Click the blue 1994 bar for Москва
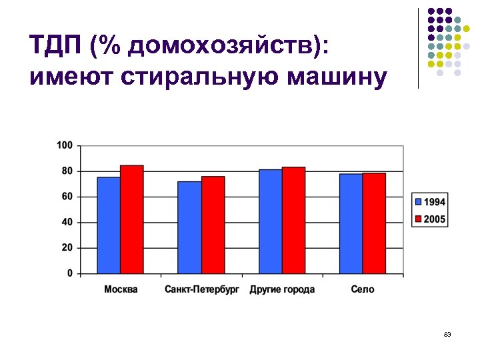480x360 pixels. point(109,225)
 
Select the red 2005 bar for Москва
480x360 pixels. point(132,219)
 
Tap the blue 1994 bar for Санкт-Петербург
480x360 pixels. point(189,227)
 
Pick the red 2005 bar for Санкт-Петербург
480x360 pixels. point(213,225)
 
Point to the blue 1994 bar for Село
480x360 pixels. point(351,223)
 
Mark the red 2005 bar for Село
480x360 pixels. point(374,223)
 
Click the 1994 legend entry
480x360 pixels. point(430,202)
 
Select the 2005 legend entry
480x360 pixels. point(430,219)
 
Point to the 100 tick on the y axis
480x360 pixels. point(65,145)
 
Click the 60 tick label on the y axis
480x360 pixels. point(67,197)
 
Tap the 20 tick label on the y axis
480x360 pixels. point(67,248)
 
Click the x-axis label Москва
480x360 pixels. point(121,289)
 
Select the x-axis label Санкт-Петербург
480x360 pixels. point(201,289)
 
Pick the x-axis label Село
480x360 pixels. point(362,289)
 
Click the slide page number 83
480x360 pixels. point(447,334)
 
